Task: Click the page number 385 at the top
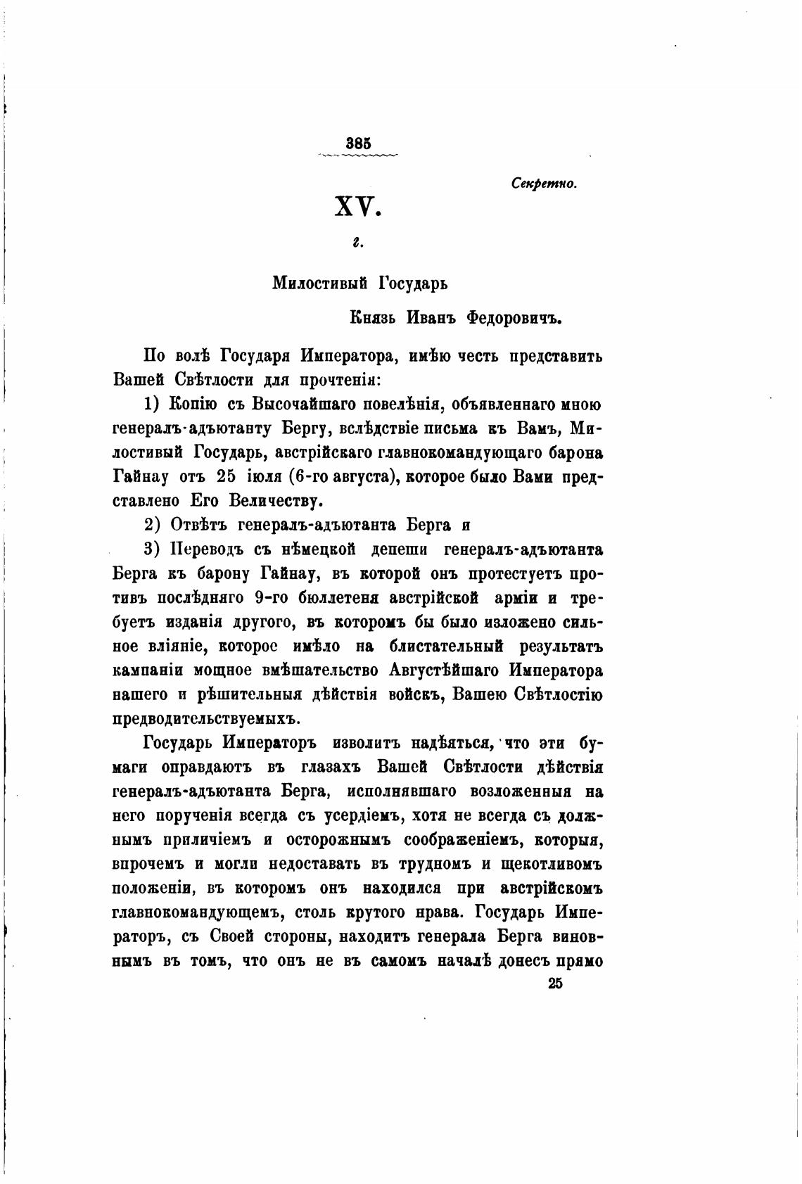(x=358, y=143)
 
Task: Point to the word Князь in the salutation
(x=374, y=317)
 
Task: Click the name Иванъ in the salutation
(x=432, y=317)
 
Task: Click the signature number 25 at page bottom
(x=554, y=985)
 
